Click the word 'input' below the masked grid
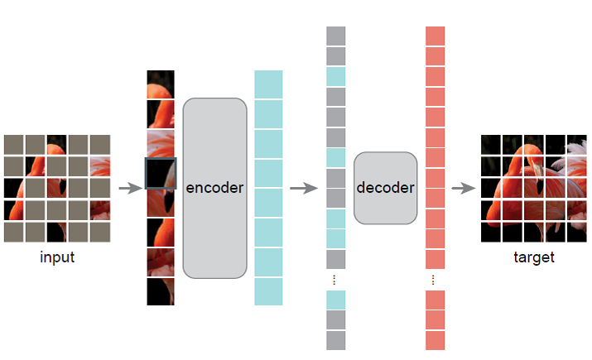57,257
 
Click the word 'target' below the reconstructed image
534,257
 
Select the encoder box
214,188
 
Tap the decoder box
385,188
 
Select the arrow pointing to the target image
461,188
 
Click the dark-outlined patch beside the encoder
161,174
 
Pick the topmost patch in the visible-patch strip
161,84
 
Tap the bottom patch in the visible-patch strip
161,291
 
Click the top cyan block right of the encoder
268,84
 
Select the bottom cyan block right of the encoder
268,291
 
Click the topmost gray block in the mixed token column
335,36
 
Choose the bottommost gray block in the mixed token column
335,340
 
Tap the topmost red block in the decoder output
435,36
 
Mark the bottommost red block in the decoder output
435,340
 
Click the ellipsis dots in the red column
435,279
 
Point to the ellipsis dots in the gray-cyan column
335,279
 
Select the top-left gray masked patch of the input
13,144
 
